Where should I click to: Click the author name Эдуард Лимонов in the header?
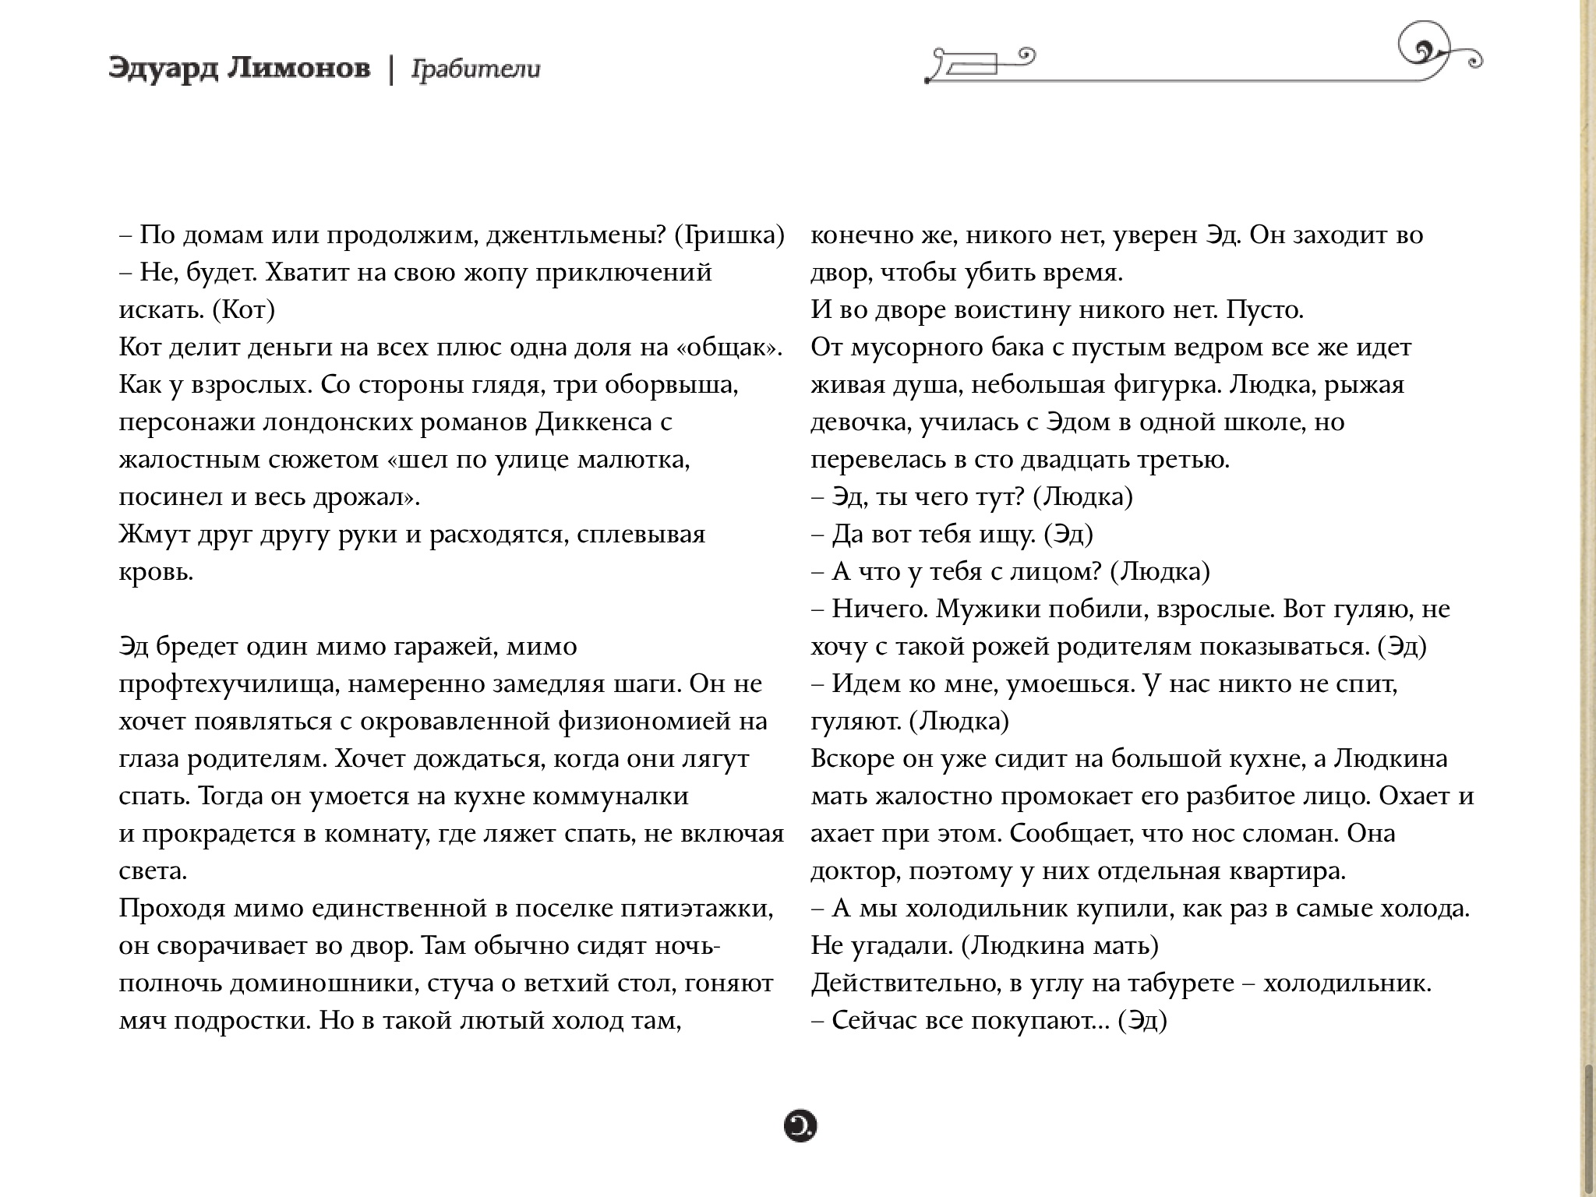coord(240,69)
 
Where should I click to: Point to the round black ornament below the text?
coord(800,1126)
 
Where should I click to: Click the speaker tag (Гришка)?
coord(729,235)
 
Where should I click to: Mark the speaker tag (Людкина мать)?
coord(1060,946)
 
